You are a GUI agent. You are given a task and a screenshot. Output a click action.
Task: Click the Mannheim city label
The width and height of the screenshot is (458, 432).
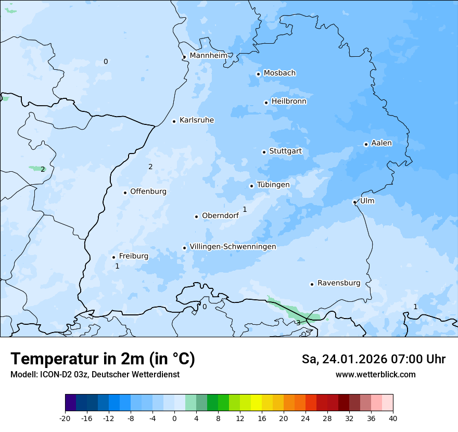point(208,56)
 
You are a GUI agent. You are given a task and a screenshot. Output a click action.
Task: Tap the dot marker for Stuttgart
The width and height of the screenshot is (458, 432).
point(264,152)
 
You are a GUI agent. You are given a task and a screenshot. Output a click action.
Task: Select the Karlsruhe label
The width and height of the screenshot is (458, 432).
point(196,120)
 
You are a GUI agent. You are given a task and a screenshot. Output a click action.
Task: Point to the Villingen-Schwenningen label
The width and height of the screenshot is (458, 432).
point(233,247)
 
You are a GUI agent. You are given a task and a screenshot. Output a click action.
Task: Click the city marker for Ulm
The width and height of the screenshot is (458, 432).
point(354,202)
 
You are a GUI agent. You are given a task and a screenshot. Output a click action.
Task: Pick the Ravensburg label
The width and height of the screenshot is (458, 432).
point(338,283)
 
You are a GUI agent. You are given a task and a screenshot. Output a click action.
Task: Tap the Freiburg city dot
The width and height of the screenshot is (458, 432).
point(113,257)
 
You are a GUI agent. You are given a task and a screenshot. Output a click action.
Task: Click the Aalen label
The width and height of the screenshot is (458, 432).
point(381,143)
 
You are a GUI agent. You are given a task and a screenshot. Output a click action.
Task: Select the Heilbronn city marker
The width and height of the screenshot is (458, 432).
point(266,103)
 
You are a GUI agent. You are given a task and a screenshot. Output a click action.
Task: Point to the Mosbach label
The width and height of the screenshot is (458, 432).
point(279,73)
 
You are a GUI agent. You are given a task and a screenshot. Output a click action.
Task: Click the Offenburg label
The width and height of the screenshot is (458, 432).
point(148,192)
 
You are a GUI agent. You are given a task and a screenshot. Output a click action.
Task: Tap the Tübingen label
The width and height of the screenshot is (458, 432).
point(273,185)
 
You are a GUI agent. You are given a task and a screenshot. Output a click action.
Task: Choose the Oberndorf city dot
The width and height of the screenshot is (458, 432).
point(196,217)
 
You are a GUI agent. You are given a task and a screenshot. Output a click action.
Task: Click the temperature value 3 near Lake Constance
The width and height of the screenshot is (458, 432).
point(298,322)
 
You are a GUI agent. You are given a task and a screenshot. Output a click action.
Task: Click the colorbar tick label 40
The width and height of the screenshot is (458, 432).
point(392,418)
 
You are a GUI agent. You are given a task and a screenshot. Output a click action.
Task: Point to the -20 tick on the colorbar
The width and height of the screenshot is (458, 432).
point(65,418)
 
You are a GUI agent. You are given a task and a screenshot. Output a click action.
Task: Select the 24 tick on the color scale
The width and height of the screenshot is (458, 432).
point(305,418)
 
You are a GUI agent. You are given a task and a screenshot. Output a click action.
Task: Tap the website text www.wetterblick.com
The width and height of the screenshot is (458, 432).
point(375,374)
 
